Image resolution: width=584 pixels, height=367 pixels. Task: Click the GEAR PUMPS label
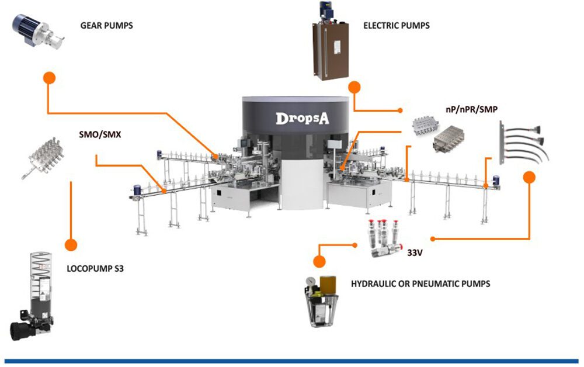[x=106, y=25]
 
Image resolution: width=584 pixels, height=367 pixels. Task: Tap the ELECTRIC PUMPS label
[x=396, y=25]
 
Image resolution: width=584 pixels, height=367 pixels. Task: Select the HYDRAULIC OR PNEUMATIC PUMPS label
[x=420, y=283]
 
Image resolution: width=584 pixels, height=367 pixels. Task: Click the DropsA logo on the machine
[x=303, y=118]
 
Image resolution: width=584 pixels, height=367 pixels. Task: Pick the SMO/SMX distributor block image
[x=47, y=155]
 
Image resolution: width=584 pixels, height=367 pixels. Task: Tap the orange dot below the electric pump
[x=354, y=88]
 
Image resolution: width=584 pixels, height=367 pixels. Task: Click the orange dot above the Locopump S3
[x=71, y=245]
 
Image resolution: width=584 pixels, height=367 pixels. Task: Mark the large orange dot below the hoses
[x=529, y=177]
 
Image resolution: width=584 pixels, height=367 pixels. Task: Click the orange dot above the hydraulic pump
[x=319, y=261]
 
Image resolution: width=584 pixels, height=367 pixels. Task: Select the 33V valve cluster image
[x=384, y=236]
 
